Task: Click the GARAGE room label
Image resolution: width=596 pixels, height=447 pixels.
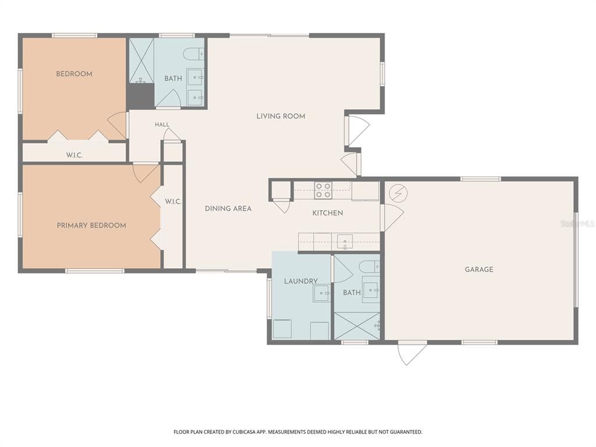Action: [x=479, y=269]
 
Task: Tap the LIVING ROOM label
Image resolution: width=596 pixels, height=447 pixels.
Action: [x=281, y=116]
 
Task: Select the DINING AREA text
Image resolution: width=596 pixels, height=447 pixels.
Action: [x=228, y=209]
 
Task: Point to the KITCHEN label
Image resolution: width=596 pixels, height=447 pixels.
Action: [x=328, y=213]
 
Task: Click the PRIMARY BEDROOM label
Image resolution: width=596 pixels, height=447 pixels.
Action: [x=91, y=225]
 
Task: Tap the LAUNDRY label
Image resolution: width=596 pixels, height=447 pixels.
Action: [x=301, y=281]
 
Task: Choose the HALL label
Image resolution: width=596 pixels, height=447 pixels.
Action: [x=162, y=125]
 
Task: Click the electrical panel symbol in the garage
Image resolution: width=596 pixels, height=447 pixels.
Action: [x=398, y=193]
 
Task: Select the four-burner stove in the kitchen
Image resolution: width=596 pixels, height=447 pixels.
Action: [x=323, y=190]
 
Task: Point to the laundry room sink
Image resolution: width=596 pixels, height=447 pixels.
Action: [x=321, y=293]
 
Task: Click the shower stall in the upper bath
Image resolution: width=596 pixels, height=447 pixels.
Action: [x=141, y=60]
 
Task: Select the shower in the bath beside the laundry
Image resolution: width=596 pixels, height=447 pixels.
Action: [x=357, y=326]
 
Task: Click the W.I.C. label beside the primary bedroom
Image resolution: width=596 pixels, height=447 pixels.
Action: [x=173, y=202]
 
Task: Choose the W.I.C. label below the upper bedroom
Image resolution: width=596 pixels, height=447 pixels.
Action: [x=74, y=155]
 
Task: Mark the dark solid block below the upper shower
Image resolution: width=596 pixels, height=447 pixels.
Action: [x=141, y=95]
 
